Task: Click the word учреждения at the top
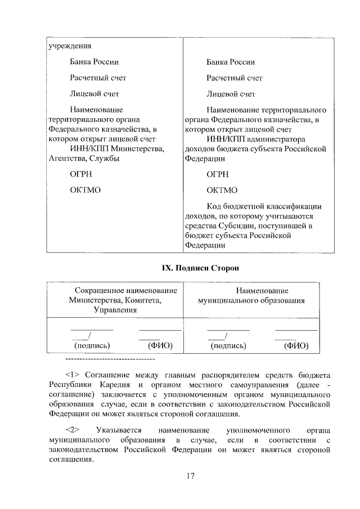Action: pos(69,46)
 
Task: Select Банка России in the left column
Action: pos(94,62)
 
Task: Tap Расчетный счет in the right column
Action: pos(235,78)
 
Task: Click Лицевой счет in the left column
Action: pos(94,93)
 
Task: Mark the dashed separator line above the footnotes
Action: pos(110,358)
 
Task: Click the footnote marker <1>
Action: pos(74,375)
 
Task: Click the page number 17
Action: pos(190,476)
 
